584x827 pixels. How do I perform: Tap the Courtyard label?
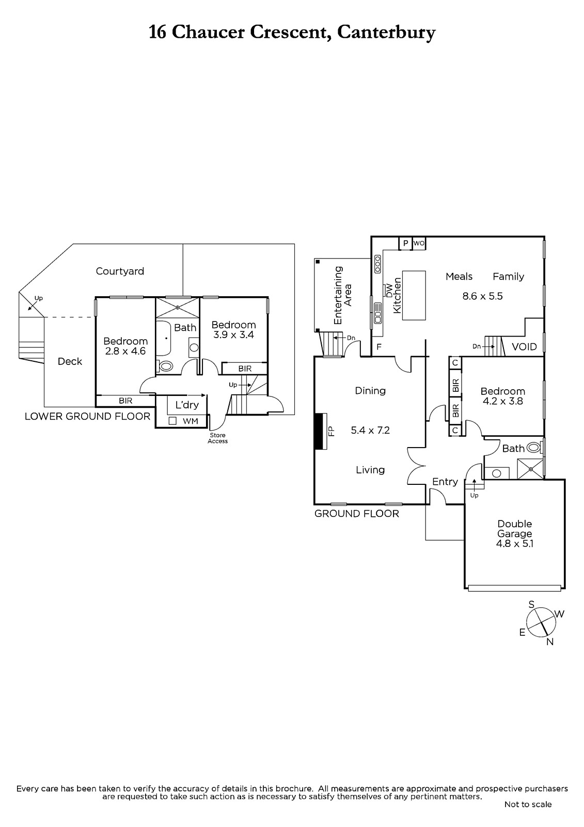(120, 271)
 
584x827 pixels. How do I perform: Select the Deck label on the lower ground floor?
(70, 361)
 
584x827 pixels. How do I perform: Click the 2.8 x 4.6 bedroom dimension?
(125, 351)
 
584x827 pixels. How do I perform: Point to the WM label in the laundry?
(191, 421)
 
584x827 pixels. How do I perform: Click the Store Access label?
(218, 438)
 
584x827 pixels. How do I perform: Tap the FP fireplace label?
(332, 431)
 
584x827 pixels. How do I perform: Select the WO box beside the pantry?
(419, 243)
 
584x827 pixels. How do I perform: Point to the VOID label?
(524, 347)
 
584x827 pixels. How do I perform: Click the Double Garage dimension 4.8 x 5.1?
(515, 543)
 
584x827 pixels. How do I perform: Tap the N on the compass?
(550, 642)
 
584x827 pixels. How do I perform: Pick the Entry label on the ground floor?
(445, 481)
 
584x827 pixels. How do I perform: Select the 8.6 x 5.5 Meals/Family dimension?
(483, 296)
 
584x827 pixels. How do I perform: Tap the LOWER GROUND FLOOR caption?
(87, 417)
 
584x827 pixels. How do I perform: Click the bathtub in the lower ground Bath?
(163, 339)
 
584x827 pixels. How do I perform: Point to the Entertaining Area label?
(343, 295)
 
